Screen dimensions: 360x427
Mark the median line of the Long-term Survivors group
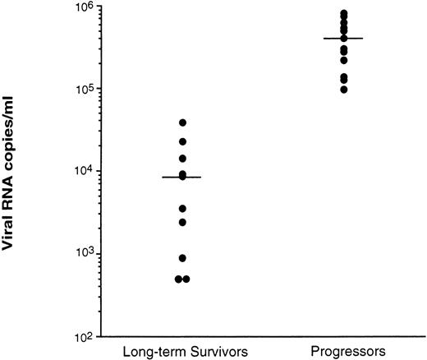point(181,177)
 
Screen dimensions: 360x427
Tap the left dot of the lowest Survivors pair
point(177,279)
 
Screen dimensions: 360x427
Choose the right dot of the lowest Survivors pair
point(186,279)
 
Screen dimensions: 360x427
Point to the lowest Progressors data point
point(343,90)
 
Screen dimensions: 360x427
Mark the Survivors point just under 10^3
point(182,258)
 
